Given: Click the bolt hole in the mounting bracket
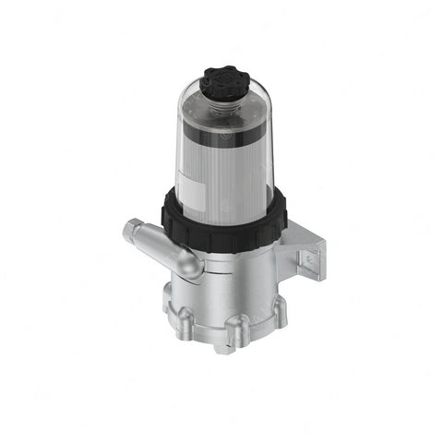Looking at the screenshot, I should pyautogui.click(x=310, y=262).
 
